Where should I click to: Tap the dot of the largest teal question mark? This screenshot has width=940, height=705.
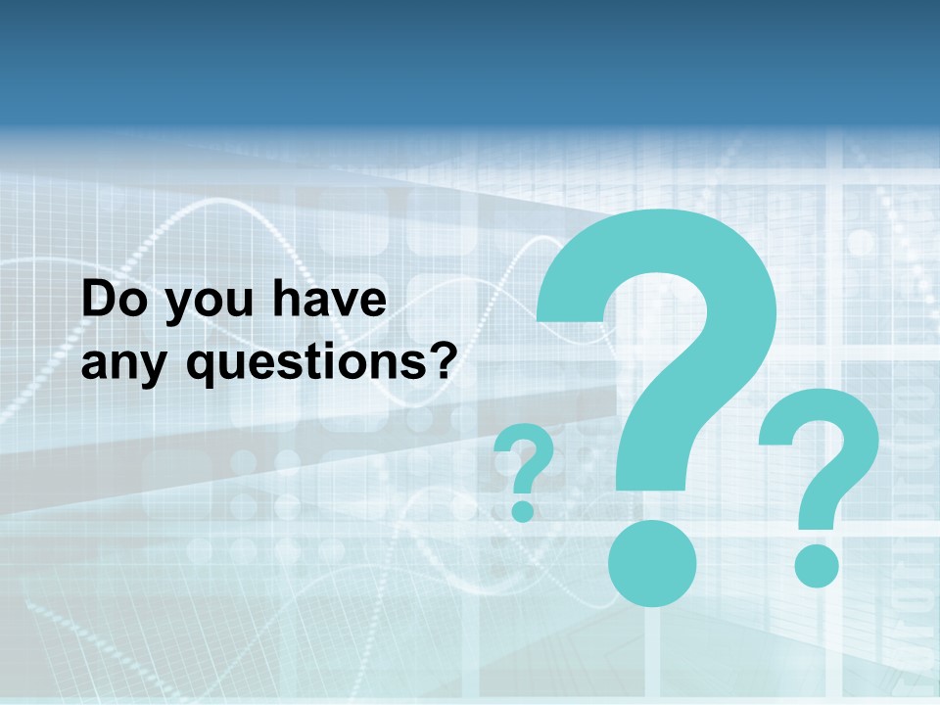[x=652, y=563]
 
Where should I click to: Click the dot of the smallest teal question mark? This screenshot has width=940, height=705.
[x=523, y=510]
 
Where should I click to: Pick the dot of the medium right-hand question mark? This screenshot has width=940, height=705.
[x=817, y=566]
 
